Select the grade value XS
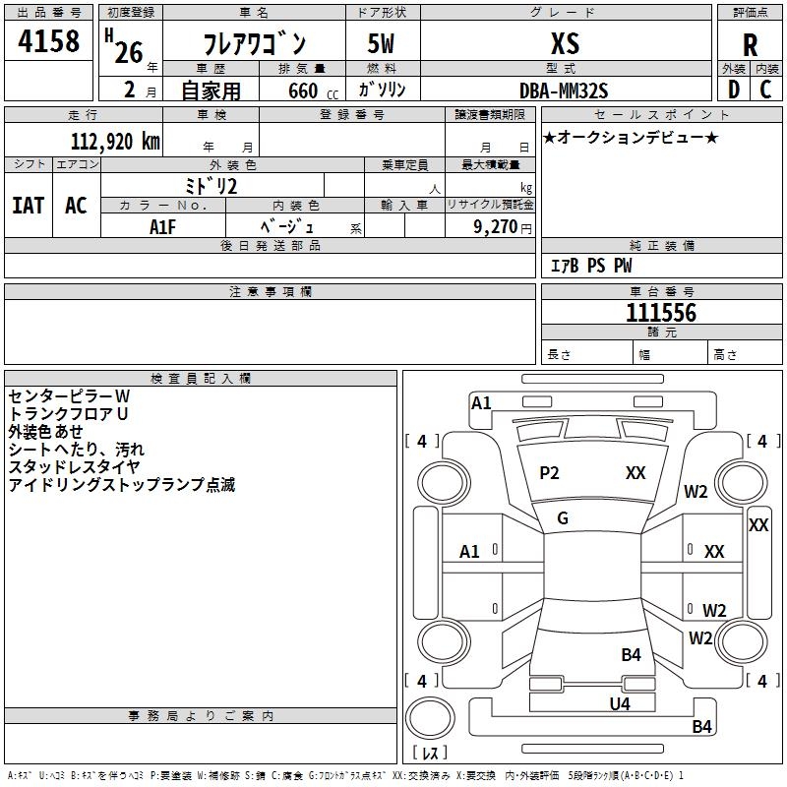[566, 43]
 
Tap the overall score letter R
[751, 46]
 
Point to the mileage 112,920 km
[115, 141]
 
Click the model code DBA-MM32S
[565, 91]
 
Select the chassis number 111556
[661, 313]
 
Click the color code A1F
[163, 226]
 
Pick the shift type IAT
[28, 205]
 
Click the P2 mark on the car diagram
[549, 473]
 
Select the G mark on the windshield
[563, 518]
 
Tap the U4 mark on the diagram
[619, 703]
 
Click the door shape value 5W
[381, 44]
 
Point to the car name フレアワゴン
[254, 44]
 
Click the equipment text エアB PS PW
[590, 267]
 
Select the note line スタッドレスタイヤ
[74, 467]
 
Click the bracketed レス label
[430, 754]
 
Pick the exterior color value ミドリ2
[212, 186]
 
